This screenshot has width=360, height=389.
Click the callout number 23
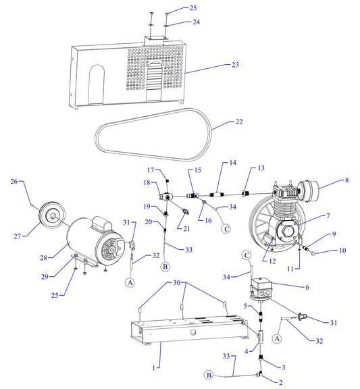236,65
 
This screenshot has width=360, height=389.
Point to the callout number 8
347,180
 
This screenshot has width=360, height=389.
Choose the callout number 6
307,287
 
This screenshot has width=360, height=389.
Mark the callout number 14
232,163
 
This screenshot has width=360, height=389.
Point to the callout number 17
151,170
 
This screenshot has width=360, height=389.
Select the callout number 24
176,22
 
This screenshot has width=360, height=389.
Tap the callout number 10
342,251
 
